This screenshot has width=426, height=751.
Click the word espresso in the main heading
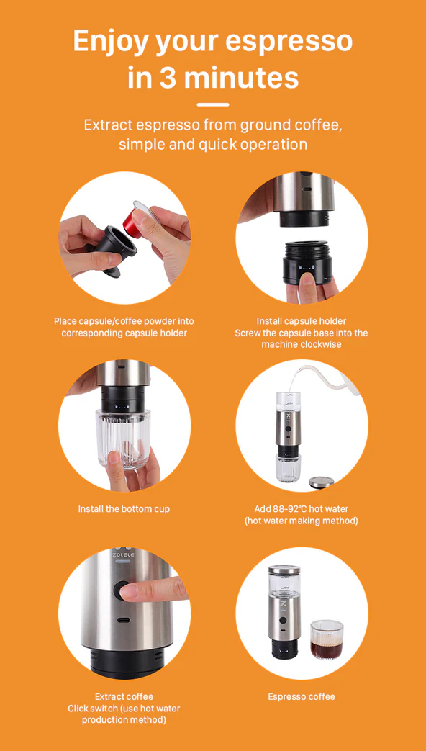(x=289, y=42)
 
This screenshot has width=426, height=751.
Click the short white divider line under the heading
(x=213, y=104)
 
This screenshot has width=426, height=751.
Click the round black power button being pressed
(x=123, y=590)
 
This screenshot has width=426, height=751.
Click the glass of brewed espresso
(x=327, y=640)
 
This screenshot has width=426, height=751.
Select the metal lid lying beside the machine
(x=321, y=482)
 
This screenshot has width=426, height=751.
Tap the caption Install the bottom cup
(x=124, y=508)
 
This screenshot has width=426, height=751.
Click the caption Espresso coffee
(x=302, y=696)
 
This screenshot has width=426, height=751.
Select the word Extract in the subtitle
(x=108, y=125)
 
